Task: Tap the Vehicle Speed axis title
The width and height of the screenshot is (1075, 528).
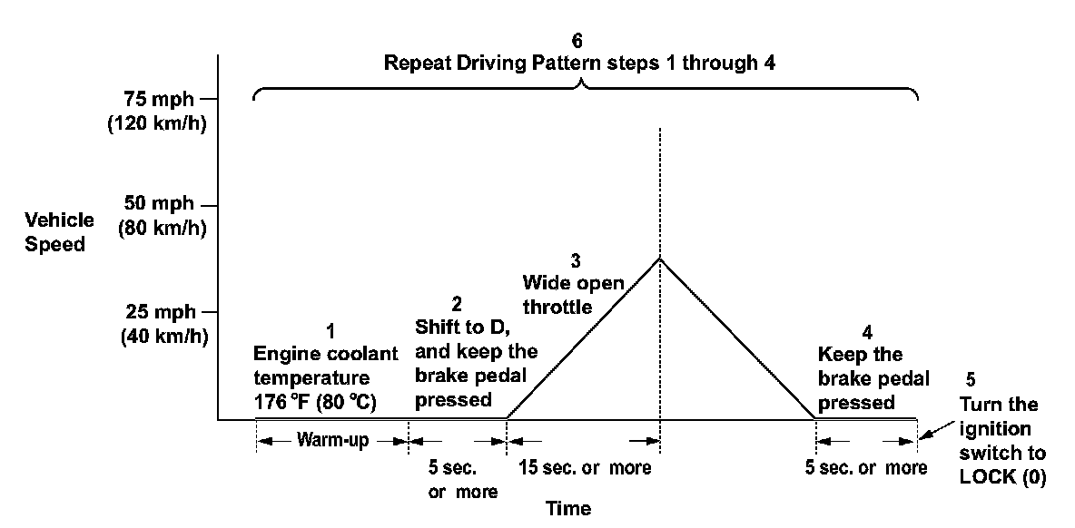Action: click(x=60, y=232)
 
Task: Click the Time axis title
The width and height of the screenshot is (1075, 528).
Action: click(x=567, y=508)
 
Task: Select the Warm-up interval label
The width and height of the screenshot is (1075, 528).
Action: click(x=332, y=441)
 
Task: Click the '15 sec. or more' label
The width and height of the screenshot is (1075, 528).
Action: click(x=586, y=468)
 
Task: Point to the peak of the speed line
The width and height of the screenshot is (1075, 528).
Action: click(x=660, y=259)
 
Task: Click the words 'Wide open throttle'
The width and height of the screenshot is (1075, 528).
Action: click(x=572, y=296)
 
